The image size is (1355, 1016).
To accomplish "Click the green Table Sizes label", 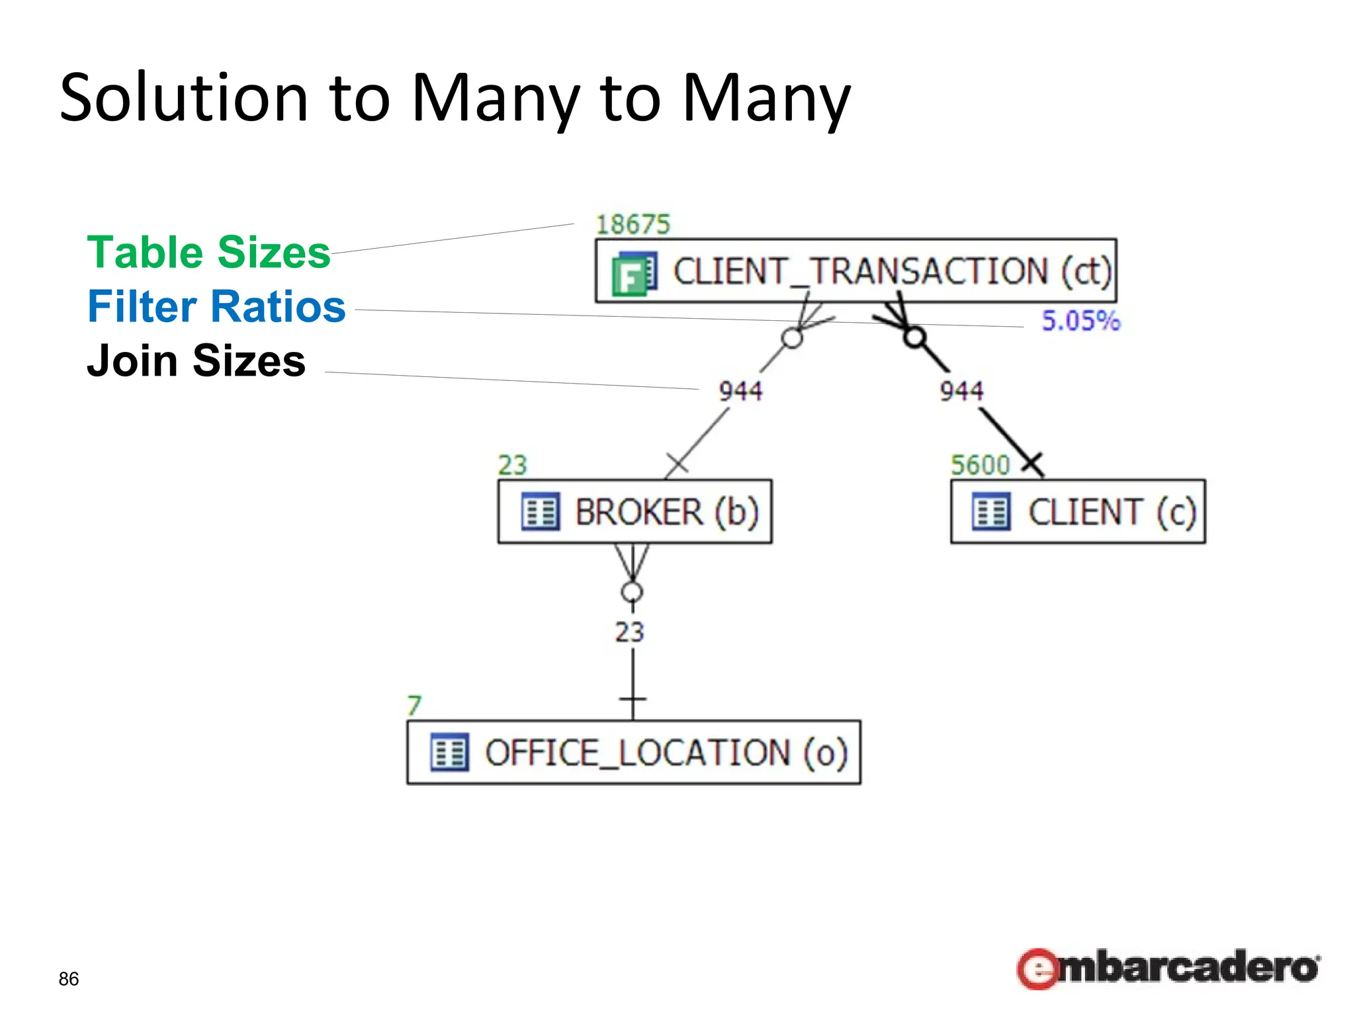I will tap(208, 252).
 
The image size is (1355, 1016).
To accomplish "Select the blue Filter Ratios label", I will tap(216, 306).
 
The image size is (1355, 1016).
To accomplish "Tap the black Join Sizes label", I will tap(196, 361).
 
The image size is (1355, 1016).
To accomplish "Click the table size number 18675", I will tap(633, 225).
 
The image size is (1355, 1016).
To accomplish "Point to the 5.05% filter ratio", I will tap(1080, 321).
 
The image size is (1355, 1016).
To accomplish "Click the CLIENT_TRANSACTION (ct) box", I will tap(855, 271).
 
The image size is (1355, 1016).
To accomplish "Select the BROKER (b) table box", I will tap(634, 512).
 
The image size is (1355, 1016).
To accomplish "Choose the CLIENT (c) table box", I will tap(1078, 512).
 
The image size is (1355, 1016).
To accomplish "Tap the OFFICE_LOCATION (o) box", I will tap(633, 753).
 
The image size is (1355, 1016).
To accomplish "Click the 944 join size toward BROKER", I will tap(740, 391).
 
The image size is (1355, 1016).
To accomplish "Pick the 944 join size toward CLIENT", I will tap(961, 391).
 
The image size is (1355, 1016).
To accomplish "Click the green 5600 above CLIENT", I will tap(980, 465).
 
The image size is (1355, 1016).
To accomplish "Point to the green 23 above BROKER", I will tap(512, 465).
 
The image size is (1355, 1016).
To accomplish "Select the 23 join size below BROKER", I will tap(629, 632).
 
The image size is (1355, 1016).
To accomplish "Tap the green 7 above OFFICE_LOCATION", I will tap(414, 706).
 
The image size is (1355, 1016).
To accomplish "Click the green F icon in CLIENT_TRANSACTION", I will tap(634, 274).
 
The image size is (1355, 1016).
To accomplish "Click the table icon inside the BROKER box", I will tap(541, 512).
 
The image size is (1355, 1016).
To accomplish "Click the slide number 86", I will tap(69, 979).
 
